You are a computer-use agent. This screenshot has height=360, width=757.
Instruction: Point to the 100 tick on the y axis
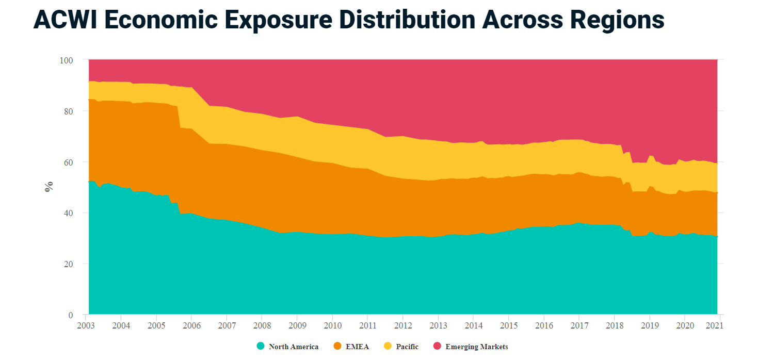67,60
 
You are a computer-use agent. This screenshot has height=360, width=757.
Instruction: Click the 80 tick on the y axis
69,111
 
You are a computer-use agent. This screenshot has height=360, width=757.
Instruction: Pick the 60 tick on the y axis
69,162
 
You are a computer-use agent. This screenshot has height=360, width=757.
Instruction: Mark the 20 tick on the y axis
69,264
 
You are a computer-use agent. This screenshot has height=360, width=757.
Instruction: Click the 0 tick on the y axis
71,315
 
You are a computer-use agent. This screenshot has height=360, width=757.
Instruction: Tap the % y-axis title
49,187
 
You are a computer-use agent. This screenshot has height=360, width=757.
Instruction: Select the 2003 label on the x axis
85,326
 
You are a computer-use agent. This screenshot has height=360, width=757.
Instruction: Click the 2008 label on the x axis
262,326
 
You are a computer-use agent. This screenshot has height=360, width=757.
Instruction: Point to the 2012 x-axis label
402,326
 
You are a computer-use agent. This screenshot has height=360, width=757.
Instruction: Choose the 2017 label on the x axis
579,326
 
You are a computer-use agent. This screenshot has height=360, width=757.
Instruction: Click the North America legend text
294,347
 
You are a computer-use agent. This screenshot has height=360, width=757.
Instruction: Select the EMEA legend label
357,347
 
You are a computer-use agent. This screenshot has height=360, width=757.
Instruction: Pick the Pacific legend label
407,347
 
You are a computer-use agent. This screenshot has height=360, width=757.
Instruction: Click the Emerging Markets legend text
476,347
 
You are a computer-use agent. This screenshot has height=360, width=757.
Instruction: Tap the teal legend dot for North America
261,346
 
